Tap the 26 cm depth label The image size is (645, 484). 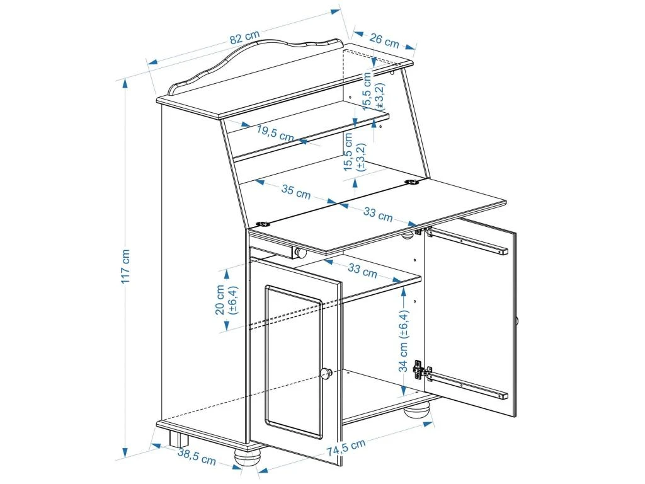point(384,42)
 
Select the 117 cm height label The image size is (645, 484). point(126,265)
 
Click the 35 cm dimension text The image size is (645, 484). point(295,192)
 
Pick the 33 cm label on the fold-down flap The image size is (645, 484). point(377,213)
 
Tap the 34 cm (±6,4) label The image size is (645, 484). point(404,340)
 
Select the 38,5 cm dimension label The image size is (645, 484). point(196,457)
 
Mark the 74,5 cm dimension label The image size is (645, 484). point(346,448)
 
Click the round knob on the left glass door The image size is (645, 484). point(326,373)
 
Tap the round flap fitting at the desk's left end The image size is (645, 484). point(263,223)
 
